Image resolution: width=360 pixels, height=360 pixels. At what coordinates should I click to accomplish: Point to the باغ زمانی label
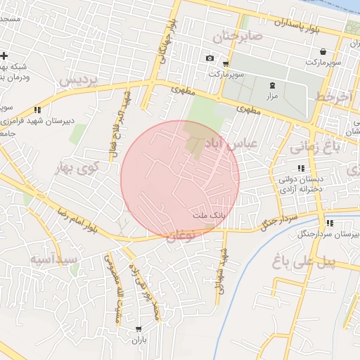[314, 146]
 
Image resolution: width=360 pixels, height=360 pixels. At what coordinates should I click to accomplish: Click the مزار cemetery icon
[272, 84]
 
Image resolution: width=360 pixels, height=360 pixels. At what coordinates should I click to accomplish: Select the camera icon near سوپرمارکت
[209, 58]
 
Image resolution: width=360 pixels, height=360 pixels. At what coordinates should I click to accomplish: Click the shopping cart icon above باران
[138, 328]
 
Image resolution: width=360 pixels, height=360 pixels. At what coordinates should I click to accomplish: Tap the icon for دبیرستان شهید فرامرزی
[37, 110]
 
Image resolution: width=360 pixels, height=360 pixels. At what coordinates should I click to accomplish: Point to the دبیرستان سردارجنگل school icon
[329, 223]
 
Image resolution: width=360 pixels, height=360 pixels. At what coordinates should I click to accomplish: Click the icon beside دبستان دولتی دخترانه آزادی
[301, 168]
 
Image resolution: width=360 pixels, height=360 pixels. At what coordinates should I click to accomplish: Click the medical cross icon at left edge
[5, 56]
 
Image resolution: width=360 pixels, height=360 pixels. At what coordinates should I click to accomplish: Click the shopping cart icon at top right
[322, 51]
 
